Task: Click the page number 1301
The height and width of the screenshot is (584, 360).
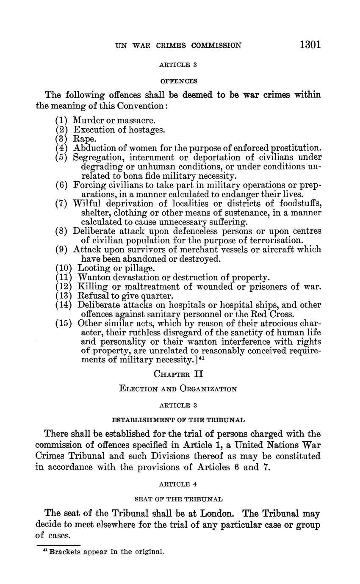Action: tap(310, 44)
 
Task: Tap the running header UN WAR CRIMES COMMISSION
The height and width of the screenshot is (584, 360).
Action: tap(178, 45)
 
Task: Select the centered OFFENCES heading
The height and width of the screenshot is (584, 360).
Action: tap(178, 80)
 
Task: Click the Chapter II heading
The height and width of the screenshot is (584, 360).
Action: tap(178, 374)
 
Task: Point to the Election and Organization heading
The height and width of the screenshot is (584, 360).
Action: tap(178, 388)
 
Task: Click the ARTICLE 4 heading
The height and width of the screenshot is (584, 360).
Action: tap(178, 484)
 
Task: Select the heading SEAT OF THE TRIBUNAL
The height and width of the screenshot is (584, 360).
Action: tap(178, 499)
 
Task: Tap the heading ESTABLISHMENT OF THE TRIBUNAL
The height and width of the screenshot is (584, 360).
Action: tap(178, 420)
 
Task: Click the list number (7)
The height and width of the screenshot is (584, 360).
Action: tap(61, 203)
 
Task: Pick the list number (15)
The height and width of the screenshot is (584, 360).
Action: tap(64, 323)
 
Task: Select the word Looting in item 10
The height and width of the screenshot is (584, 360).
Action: tap(93, 268)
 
